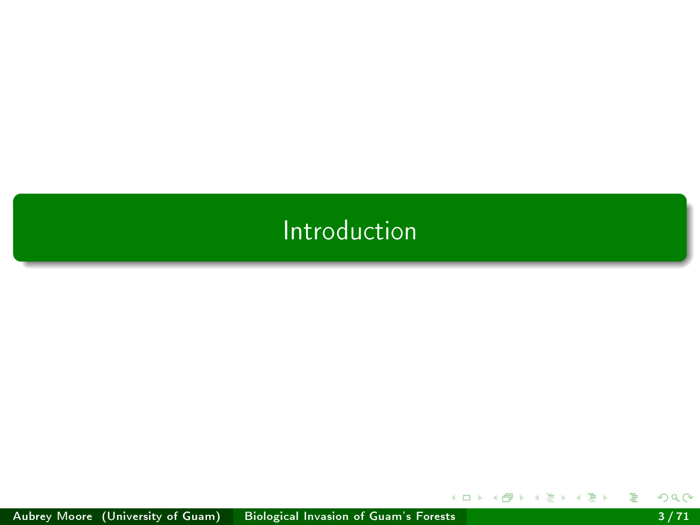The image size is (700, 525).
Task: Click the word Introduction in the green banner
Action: [x=350, y=231]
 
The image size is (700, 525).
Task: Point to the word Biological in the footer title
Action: [x=272, y=516]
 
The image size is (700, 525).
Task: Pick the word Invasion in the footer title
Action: [x=326, y=516]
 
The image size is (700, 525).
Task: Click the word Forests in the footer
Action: [x=436, y=516]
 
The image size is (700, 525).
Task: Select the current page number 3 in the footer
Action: [x=662, y=516]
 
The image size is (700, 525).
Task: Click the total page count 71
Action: [x=683, y=516]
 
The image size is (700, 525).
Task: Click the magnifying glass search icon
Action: [x=675, y=498]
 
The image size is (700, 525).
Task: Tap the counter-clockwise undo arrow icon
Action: [x=662, y=498]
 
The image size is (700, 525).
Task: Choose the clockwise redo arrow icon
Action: [x=688, y=498]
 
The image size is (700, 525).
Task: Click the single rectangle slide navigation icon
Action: [x=467, y=498]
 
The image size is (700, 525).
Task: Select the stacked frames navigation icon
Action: [x=507, y=498]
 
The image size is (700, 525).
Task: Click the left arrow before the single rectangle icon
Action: [x=453, y=498]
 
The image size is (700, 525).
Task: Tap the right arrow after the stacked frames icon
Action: [x=522, y=498]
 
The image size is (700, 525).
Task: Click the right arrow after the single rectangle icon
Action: [x=480, y=498]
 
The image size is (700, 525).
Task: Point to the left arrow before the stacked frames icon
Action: [x=495, y=498]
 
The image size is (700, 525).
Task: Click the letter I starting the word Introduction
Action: [x=286, y=230]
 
